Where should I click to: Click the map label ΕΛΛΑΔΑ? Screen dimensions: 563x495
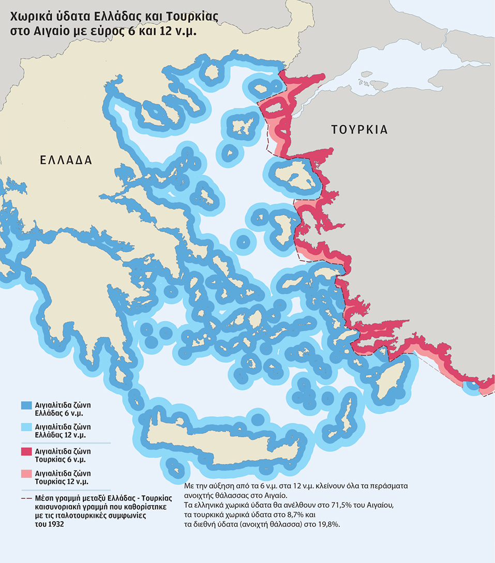[x=66, y=160]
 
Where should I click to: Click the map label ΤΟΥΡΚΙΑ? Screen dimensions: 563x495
[x=359, y=130]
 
